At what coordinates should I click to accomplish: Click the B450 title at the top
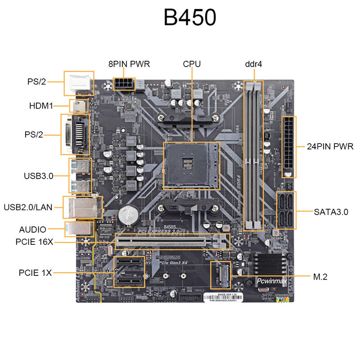point(190,18)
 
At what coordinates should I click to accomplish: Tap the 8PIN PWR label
point(129,64)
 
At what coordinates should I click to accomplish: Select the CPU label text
point(192,64)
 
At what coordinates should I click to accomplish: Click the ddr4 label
point(253,64)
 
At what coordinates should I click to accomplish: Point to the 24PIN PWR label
point(330,146)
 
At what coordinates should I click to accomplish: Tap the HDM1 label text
point(41,106)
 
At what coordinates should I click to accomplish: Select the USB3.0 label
point(39,176)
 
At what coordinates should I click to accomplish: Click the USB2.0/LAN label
point(28,207)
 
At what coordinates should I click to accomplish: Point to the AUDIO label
point(33,229)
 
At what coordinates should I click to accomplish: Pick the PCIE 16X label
point(35,242)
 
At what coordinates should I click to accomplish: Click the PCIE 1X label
point(36,272)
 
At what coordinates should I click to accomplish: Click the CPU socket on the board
point(191,166)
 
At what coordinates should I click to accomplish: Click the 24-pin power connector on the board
point(288,147)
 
